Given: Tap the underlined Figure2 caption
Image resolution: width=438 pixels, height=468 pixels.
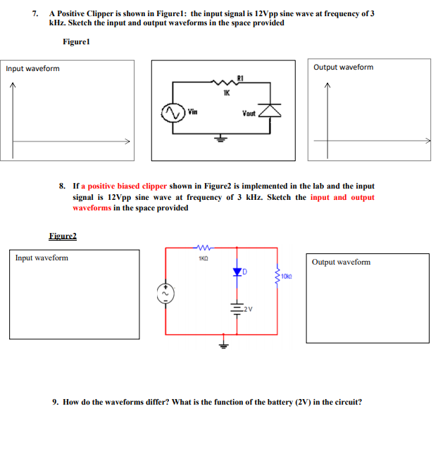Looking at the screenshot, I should (x=63, y=236).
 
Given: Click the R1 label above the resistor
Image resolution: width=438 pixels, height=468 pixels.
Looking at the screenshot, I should (x=240, y=77).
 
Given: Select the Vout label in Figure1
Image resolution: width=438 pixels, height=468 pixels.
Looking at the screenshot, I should (x=249, y=113).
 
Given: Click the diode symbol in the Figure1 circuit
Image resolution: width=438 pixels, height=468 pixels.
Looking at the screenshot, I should (x=270, y=110).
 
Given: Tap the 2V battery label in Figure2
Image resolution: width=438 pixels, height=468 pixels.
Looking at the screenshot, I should (x=246, y=309).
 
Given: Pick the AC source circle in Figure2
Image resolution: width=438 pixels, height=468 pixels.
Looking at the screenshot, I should (x=167, y=292).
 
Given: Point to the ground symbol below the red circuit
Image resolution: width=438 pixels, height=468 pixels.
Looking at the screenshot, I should (x=223, y=344).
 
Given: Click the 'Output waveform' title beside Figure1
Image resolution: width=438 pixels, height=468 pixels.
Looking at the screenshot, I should (x=344, y=68).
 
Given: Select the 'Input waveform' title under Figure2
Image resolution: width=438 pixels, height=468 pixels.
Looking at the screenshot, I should (x=42, y=258).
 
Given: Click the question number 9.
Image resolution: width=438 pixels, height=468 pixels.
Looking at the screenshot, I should (x=56, y=402).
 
